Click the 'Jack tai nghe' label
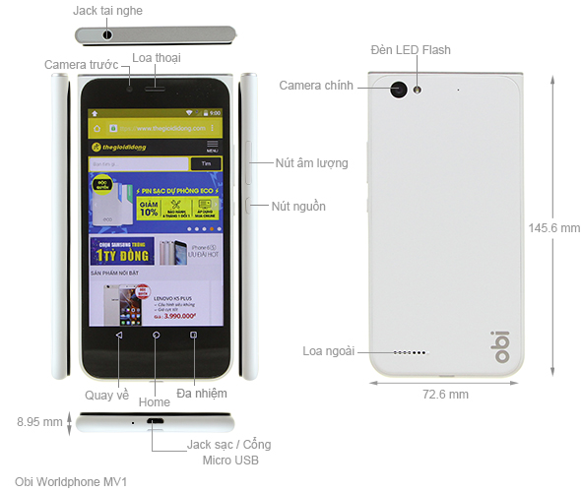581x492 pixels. click(107, 10)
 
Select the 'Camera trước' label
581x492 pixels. click(81, 64)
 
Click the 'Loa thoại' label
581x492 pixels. click(157, 58)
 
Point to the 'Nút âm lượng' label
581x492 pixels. click(311, 162)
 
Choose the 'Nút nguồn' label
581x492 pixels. click(300, 207)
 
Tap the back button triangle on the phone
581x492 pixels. click(118, 336)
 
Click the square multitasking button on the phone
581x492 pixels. click(193, 336)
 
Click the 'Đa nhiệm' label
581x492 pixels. click(202, 394)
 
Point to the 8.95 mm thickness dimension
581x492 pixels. click(40, 422)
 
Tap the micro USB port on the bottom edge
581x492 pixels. click(156, 423)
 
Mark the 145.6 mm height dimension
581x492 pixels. click(554, 228)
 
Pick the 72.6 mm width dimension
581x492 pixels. click(445, 394)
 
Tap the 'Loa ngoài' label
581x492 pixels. click(328, 350)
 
